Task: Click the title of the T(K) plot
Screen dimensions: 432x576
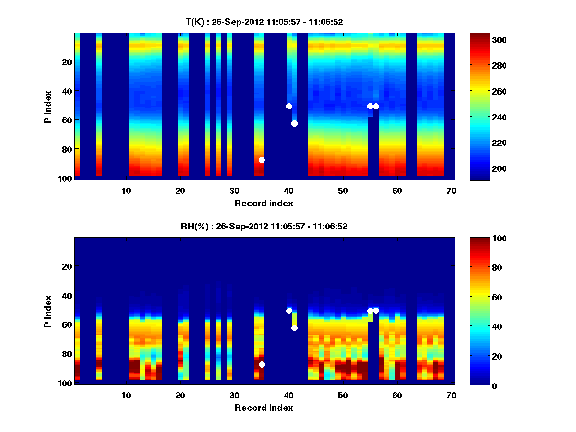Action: pos(264,22)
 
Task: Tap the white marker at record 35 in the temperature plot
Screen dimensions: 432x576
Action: pos(262,160)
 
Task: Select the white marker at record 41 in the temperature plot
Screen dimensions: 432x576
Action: pos(294,123)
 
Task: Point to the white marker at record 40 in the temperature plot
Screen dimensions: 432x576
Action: pos(289,106)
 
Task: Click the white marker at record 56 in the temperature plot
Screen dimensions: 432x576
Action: pos(376,106)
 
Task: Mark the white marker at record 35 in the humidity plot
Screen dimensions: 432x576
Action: pos(262,364)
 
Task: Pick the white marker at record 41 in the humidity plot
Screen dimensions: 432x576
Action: pos(294,328)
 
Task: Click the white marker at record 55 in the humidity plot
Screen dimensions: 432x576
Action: pos(370,311)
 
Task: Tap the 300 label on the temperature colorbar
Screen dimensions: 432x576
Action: pos(484,40)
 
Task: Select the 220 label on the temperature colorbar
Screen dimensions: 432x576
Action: pos(484,143)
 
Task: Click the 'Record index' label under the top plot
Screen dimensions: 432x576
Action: pos(264,203)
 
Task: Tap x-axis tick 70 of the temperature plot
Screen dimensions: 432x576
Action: pos(451,191)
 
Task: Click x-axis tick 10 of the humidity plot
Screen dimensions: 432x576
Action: pos(126,395)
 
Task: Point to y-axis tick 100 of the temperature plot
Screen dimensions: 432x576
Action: pos(66,179)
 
